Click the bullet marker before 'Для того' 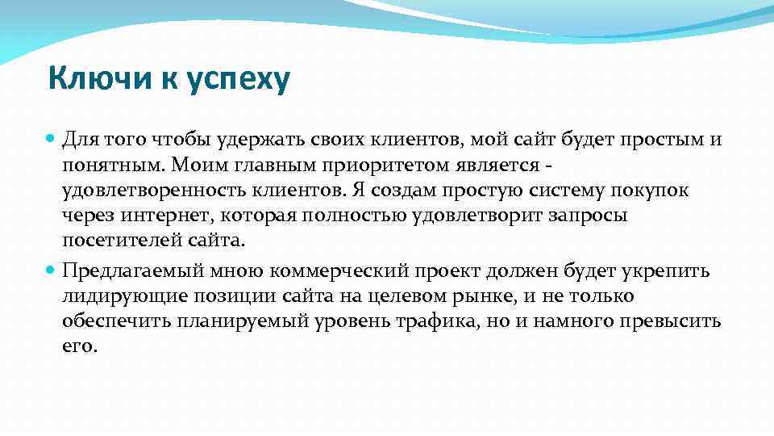[x=51, y=140]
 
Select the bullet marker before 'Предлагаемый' [x=51, y=270]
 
